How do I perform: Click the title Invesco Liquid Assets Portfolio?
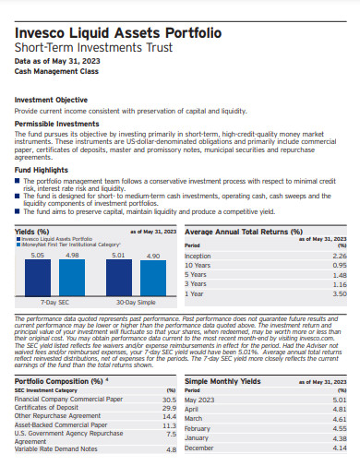point(117,32)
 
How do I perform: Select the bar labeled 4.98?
point(72,278)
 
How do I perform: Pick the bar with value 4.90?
point(153,279)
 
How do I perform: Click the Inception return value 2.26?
point(339,257)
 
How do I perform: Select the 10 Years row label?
point(198,265)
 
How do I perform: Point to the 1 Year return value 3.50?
point(339,293)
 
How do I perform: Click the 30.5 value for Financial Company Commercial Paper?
point(168,399)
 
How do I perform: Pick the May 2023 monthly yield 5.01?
point(339,400)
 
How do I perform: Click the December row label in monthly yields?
point(200,448)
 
